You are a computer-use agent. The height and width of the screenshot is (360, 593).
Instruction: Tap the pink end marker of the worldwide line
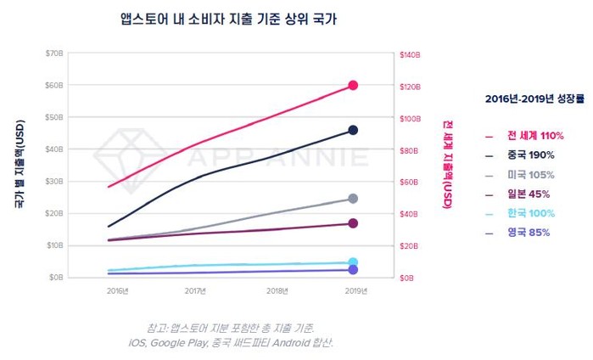point(353,85)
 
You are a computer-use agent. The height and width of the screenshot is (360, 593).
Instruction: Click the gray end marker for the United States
point(353,199)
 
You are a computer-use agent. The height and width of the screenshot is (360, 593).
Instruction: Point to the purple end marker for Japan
point(353,223)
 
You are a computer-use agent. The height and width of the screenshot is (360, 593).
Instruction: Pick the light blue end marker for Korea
point(353,263)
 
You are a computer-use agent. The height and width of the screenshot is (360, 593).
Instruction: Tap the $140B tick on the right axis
point(411,53)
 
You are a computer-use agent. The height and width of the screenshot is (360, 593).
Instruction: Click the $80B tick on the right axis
point(409,149)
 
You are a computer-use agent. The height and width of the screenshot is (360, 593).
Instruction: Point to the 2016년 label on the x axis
point(116,291)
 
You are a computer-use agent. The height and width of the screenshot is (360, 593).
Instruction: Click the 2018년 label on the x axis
point(277,291)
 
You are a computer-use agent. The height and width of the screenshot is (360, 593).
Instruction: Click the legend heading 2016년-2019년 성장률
point(534,99)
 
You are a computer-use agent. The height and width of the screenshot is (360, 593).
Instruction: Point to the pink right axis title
point(448,165)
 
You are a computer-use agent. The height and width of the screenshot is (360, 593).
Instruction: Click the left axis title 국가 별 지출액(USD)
point(20,166)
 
